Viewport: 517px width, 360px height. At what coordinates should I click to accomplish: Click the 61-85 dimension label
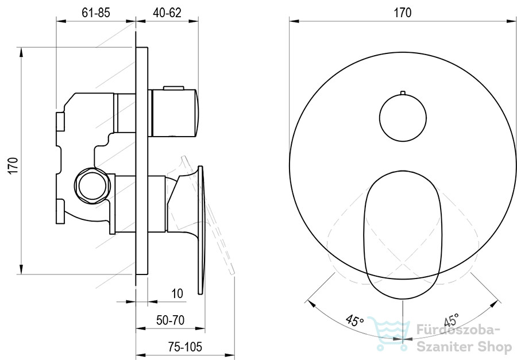tap(95, 13)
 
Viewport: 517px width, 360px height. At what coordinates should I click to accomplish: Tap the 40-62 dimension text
tap(167, 13)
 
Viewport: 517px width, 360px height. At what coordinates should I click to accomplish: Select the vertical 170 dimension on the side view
tap(13, 166)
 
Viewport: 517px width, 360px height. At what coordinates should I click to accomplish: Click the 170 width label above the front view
tap(403, 13)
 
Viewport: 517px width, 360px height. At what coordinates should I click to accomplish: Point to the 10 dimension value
tap(177, 293)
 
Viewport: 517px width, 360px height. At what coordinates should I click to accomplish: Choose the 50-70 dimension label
tap(170, 320)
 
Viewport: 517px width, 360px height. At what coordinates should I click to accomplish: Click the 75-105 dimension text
tap(185, 346)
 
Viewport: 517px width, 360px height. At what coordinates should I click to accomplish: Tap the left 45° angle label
tap(354, 320)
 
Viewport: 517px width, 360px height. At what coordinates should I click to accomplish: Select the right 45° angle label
tap(452, 320)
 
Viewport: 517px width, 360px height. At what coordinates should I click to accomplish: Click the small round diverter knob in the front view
tap(403, 118)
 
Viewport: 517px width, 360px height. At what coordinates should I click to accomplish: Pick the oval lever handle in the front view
tap(403, 235)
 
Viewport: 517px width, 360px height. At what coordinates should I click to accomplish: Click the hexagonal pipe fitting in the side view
tap(92, 185)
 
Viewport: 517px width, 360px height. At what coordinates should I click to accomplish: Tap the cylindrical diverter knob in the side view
tap(173, 113)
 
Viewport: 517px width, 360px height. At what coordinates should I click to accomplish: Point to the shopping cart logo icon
tap(389, 333)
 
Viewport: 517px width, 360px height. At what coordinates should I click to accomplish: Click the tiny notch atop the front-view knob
tap(403, 92)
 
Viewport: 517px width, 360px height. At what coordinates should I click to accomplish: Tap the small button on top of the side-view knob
tap(173, 88)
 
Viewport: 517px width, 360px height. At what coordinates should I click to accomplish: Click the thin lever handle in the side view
tap(200, 230)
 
